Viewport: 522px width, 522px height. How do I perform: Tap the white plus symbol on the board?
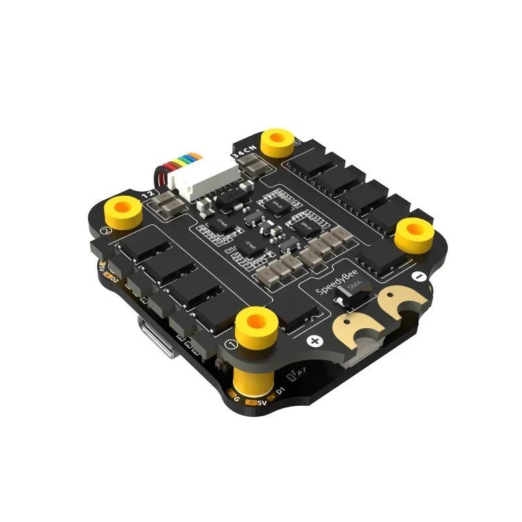[x=315, y=341]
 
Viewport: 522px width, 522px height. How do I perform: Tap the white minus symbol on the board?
[x=418, y=277]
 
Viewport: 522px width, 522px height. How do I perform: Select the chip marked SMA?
[x=346, y=301]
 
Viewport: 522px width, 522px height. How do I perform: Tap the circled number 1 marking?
[x=229, y=344]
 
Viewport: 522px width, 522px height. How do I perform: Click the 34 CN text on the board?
[x=245, y=152]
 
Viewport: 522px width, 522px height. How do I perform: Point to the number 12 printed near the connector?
[x=148, y=194]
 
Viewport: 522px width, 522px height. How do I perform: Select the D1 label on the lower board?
[x=281, y=390]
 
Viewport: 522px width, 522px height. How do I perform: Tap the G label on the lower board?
[x=236, y=397]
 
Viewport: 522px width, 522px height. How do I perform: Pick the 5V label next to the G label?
[x=261, y=403]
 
